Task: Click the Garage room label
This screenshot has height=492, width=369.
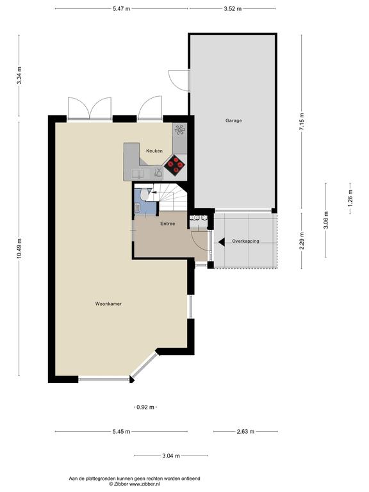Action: point(233,120)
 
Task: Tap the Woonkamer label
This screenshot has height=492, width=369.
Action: point(108,304)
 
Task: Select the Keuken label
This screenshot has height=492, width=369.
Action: point(154,151)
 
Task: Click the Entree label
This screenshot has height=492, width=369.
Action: point(168,224)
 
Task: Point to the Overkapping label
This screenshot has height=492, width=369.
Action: point(246,242)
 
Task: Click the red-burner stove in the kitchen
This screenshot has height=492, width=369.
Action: point(175,165)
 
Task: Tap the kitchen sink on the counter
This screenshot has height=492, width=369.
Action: point(138,174)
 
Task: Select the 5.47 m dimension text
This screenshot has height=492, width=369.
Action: point(122,9)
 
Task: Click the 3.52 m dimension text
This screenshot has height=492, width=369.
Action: point(233,9)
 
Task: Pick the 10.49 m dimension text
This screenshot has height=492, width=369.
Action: point(19,249)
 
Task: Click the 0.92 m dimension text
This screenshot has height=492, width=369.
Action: point(145,407)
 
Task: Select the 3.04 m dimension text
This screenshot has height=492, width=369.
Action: point(171,456)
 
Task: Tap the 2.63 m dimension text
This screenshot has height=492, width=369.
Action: point(245,431)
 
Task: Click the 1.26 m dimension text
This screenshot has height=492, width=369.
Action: point(350,199)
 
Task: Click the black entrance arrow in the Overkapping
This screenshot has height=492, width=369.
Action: point(222,242)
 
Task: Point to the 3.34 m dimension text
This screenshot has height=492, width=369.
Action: point(19,76)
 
